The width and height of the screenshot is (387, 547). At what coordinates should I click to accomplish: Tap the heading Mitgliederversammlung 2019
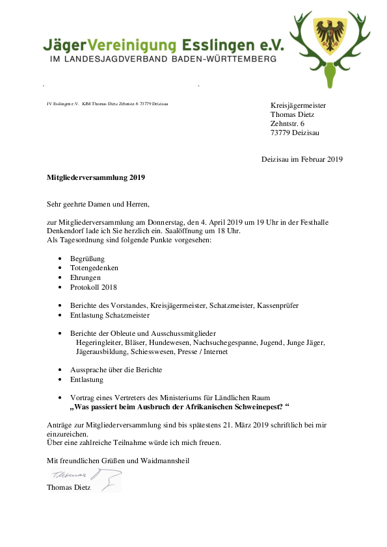pyautogui.click(x=96, y=177)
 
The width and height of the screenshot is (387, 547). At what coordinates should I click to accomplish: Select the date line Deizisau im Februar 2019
pyautogui.click(x=302, y=159)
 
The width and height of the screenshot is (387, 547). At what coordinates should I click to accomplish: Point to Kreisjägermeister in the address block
pyautogui.click(x=298, y=105)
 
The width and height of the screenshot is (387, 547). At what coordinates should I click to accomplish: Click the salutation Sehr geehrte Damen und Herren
pyautogui.click(x=98, y=203)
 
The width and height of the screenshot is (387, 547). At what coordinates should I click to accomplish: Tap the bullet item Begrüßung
pyautogui.click(x=87, y=259)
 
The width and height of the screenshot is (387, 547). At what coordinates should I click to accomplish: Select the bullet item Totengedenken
pyautogui.click(x=94, y=268)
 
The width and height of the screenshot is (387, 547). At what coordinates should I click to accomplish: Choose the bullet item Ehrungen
pyautogui.click(x=85, y=277)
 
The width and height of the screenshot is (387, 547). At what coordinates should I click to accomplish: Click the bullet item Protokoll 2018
pyautogui.click(x=94, y=286)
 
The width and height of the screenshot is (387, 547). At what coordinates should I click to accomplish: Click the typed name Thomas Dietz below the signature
pyautogui.click(x=68, y=487)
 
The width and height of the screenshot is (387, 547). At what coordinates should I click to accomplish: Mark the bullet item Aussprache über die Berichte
pyautogui.click(x=116, y=370)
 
